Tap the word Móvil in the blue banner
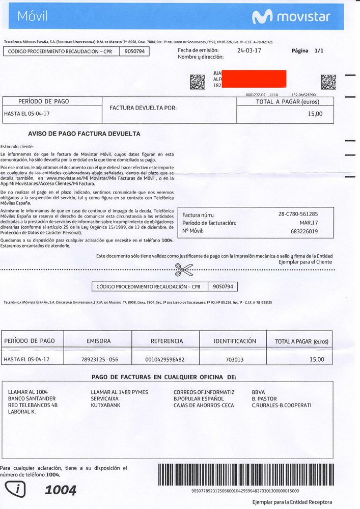(33, 17)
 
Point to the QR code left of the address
(197, 82)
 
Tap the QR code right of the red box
(328, 82)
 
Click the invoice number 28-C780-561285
(298, 215)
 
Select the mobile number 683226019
(304, 231)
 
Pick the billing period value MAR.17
(309, 223)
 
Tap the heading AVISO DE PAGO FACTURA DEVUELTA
(84, 134)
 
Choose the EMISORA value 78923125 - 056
(100, 360)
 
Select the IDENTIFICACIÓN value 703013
(235, 360)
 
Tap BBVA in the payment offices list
(259, 392)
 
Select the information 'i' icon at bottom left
(15, 490)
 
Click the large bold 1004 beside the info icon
(61, 490)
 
